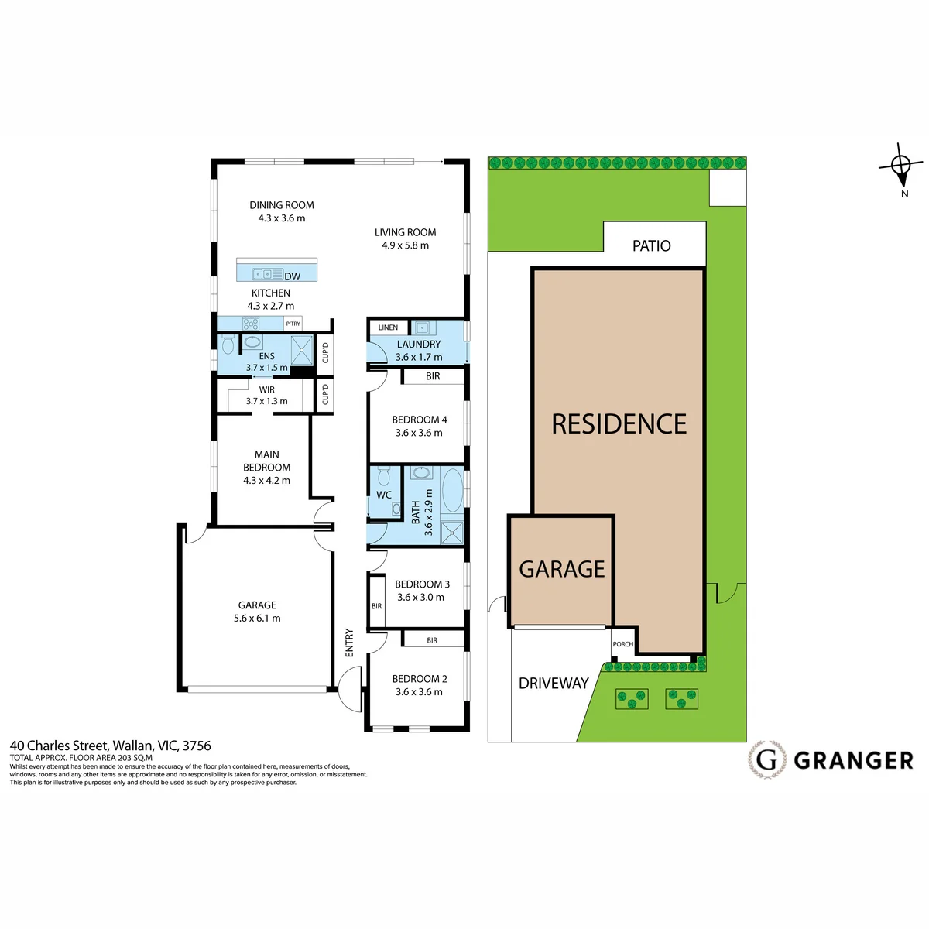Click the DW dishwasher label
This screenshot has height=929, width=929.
point(292,276)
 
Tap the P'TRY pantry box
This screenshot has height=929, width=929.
point(293,324)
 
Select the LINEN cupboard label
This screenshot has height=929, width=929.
point(388,327)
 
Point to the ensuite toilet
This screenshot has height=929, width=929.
point(228,345)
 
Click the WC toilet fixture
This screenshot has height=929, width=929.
point(384,476)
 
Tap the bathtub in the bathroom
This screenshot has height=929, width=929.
point(452,490)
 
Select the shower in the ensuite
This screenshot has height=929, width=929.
point(302,350)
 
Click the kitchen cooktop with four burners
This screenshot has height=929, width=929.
point(250,323)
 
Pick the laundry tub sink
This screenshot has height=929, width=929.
point(423,327)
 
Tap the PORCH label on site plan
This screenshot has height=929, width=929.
point(623,644)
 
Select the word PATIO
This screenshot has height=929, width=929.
point(651,246)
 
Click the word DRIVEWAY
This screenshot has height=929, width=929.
point(554,683)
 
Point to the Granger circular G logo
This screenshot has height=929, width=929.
point(766,760)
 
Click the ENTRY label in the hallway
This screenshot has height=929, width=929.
point(349,643)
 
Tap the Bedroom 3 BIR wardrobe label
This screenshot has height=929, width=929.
point(376,606)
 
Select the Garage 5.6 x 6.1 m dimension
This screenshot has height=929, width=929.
point(257,618)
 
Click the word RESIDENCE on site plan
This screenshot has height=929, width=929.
point(619,424)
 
